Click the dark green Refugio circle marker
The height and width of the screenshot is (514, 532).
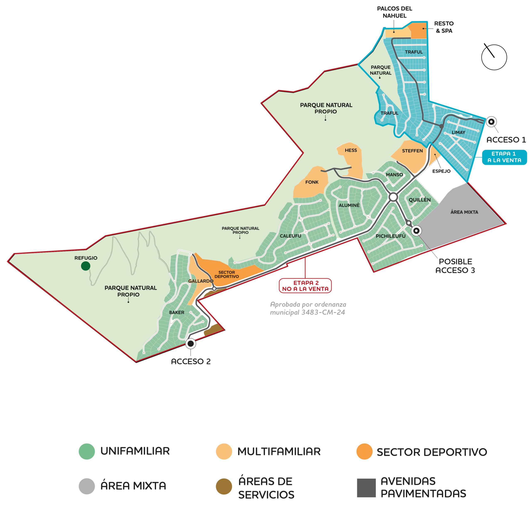[x=85, y=266]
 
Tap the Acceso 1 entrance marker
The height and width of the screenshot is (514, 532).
[x=491, y=122]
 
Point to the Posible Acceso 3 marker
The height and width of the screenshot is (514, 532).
[x=416, y=231]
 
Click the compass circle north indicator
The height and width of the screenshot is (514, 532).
[x=494, y=57]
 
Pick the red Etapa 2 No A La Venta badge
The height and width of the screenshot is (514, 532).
[x=305, y=286]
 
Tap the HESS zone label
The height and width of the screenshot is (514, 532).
[x=351, y=150]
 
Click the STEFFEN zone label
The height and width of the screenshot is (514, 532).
[x=412, y=151]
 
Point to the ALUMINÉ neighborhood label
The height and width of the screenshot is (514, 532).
[x=349, y=205]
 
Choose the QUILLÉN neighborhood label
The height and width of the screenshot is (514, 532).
[x=420, y=200]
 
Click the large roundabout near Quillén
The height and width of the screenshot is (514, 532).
[x=393, y=197]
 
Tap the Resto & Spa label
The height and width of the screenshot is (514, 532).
[x=444, y=27]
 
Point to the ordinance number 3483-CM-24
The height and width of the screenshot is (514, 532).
[x=323, y=312]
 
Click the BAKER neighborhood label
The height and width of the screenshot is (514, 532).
[x=177, y=312]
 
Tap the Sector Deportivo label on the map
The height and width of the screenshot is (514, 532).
[x=227, y=274]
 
